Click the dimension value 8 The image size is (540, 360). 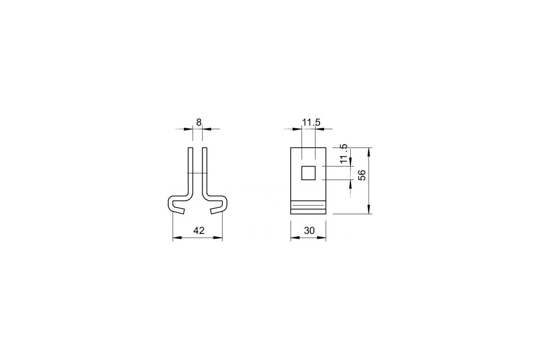(198, 122)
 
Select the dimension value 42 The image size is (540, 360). (199, 231)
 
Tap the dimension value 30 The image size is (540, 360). (309, 231)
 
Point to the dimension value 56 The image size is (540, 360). (362, 175)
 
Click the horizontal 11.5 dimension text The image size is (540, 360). (311, 122)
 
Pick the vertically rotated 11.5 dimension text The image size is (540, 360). (343, 153)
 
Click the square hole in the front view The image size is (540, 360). (308, 173)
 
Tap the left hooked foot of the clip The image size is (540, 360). (177, 205)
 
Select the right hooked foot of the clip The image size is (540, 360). (218, 205)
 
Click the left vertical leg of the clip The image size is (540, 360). (190, 171)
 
